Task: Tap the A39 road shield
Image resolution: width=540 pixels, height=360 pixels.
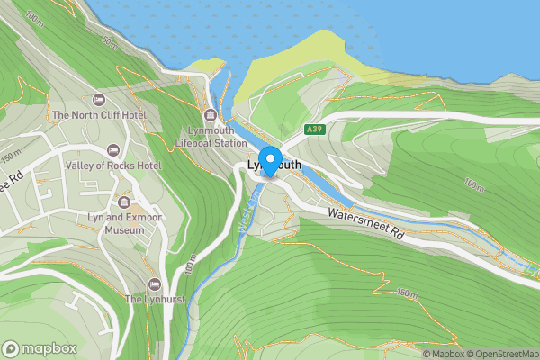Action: click(314, 130)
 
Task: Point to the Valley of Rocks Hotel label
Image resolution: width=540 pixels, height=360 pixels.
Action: click(112, 166)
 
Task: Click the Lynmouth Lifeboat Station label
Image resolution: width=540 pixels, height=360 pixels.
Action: click(211, 137)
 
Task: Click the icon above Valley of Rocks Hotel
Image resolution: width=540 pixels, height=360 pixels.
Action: click(112, 149)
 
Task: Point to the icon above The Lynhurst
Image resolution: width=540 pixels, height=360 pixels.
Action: click(155, 283)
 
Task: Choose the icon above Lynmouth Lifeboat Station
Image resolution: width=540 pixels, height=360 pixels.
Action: click(211, 114)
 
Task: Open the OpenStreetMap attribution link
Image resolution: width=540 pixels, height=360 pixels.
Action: click(502, 354)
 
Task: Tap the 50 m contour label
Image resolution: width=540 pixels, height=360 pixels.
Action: click(110, 43)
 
